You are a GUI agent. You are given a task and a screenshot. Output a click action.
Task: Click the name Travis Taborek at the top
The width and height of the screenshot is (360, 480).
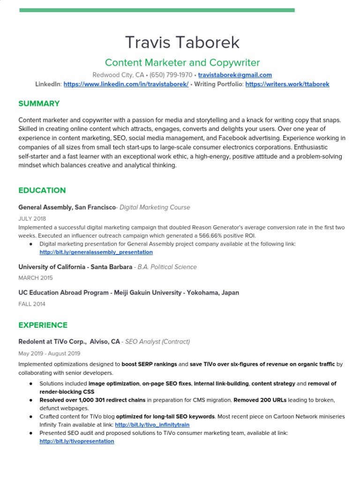click(x=182, y=42)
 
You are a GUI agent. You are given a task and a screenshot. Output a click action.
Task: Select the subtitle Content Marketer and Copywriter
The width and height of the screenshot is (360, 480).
click(x=182, y=63)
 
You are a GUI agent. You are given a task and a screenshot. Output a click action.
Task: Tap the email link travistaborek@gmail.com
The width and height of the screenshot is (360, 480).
click(x=235, y=75)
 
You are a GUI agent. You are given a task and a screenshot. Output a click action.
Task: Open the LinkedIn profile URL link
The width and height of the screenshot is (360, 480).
click(x=126, y=84)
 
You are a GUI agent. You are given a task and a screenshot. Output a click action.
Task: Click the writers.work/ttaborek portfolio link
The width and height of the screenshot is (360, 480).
click(x=287, y=84)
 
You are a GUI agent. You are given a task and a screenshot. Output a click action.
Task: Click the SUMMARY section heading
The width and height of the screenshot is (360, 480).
click(x=39, y=104)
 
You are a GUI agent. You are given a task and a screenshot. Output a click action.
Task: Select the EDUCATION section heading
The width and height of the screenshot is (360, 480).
click(x=42, y=190)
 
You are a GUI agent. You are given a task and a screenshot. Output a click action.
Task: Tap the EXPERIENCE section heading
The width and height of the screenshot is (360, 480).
click(x=43, y=325)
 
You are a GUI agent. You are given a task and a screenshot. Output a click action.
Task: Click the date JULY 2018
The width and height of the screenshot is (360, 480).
click(x=32, y=218)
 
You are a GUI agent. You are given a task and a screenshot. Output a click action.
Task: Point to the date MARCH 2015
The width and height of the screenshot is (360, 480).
click(x=36, y=278)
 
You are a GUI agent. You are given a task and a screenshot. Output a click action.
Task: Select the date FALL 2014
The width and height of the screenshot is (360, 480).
click(x=32, y=304)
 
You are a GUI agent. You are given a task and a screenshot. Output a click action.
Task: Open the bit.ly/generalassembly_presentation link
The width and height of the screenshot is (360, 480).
click(x=96, y=252)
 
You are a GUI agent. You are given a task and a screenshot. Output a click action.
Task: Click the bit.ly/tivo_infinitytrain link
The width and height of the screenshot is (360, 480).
click(x=152, y=425)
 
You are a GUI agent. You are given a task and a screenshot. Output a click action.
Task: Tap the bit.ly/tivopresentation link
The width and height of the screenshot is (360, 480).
click(x=77, y=442)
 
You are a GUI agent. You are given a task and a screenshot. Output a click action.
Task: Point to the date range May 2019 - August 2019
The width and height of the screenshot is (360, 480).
click(x=49, y=353)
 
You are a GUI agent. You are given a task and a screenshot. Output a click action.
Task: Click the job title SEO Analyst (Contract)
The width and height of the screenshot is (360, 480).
click(x=157, y=342)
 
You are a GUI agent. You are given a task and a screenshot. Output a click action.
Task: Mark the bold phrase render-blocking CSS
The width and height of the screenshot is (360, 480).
click(x=67, y=392)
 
